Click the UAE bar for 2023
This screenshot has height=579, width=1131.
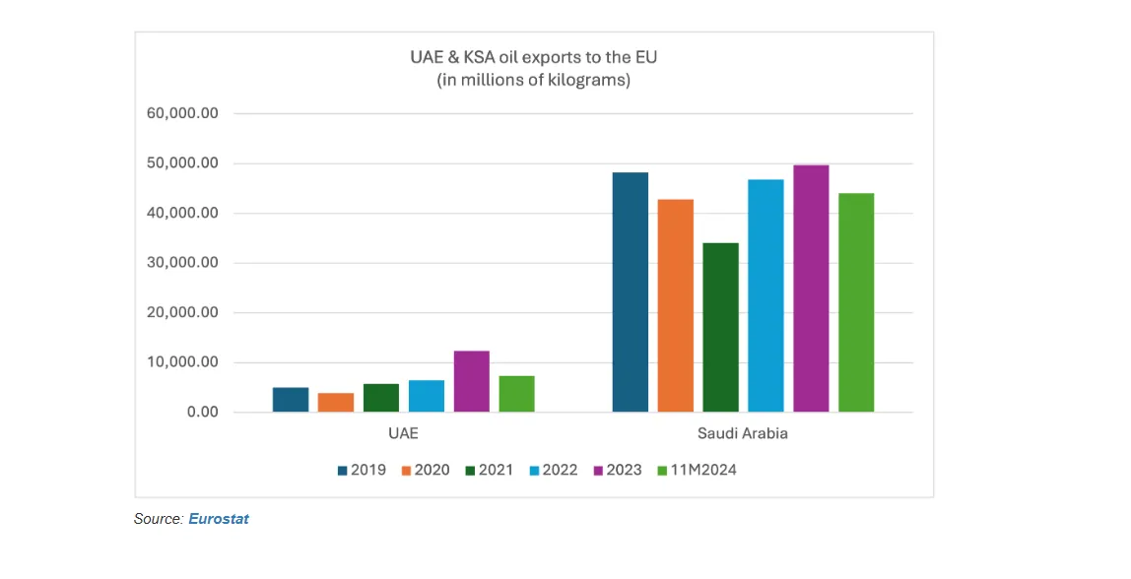coord(471,381)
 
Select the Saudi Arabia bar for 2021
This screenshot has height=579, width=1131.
coord(720,327)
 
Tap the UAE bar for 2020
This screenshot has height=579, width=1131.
coord(336,402)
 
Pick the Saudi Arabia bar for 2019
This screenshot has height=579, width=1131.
coord(631,291)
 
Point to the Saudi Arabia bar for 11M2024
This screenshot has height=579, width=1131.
coord(856,302)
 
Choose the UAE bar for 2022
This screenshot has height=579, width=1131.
coord(427,396)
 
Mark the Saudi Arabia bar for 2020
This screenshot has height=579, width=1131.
coord(676,305)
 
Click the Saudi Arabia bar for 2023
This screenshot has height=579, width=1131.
coord(811,289)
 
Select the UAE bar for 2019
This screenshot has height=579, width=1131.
coord(291,399)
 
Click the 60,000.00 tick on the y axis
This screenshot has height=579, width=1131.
coord(183,113)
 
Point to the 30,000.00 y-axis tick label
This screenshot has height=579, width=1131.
coord(183,263)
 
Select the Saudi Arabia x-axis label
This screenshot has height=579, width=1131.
coord(743,433)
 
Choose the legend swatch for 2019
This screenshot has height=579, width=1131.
coord(343,470)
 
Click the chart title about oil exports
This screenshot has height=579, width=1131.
coord(533,58)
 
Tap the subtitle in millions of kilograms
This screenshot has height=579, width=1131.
coord(533,81)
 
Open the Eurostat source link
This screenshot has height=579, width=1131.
coord(219,518)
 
